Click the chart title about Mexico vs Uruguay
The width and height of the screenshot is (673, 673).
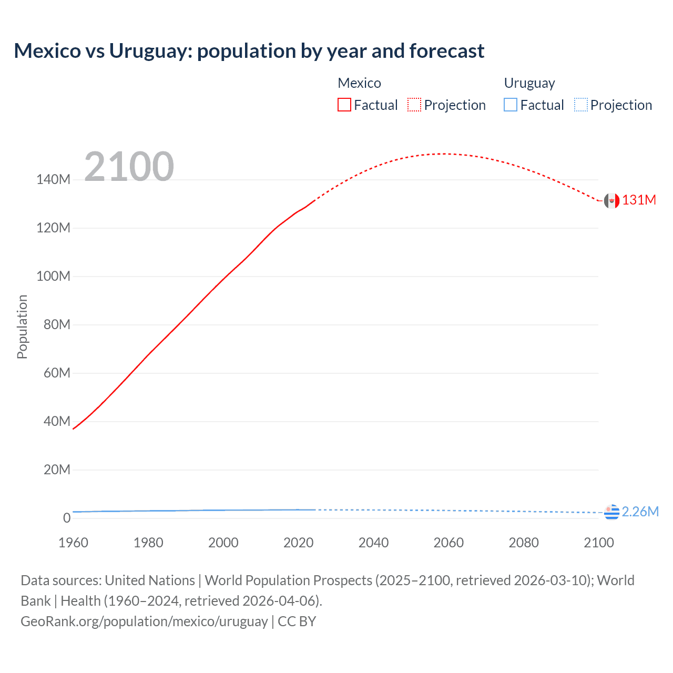[x=249, y=51]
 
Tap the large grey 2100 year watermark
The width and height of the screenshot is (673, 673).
[x=129, y=167]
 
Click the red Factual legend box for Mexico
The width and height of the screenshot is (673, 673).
[x=344, y=105]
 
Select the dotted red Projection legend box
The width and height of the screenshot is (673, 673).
[x=414, y=105]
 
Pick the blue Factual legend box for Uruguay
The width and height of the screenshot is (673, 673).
[x=511, y=105]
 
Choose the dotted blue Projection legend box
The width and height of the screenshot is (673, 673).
[x=581, y=105]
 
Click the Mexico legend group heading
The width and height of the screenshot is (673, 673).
[x=359, y=83]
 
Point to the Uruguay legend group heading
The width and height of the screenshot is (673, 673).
[x=529, y=83]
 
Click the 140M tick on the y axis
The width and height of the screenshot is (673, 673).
[x=53, y=180]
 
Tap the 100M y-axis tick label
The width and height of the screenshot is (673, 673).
[x=53, y=277]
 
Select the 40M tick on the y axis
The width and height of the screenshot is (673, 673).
[x=57, y=421]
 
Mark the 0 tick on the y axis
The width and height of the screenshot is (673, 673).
[x=67, y=518]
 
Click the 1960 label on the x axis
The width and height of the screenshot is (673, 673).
[x=73, y=543]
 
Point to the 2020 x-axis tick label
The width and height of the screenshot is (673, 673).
[x=298, y=543]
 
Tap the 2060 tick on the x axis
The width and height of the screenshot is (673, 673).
[x=448, y=543]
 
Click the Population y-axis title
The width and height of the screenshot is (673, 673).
[x=22, y=327]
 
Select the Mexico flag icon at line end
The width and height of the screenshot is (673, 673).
[x=611, y=200]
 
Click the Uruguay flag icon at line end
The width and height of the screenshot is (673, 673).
[x=611, y=512]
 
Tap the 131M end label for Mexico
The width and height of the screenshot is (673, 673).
[x=639, y=200]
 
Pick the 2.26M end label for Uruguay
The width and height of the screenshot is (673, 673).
[x=640, y=512]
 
